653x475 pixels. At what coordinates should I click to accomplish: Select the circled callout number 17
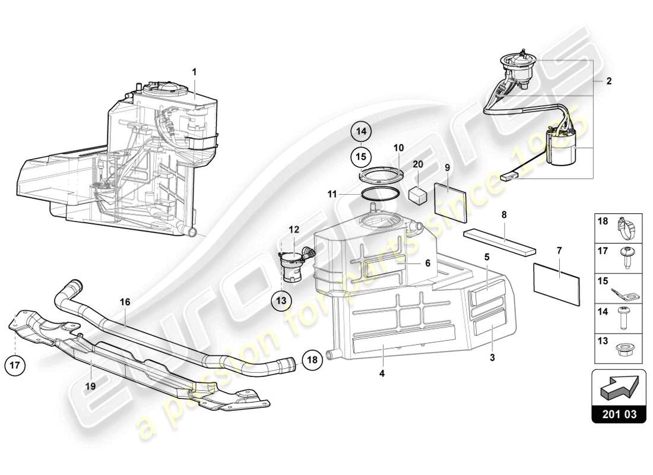coord(15,365)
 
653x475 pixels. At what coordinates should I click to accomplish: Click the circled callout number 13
coord(281,301)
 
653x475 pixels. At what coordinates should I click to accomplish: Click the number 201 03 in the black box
coord(618,414)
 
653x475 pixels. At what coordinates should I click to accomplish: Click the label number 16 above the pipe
coord(125,302)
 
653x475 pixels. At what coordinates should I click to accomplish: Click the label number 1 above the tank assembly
coord(194,71)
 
